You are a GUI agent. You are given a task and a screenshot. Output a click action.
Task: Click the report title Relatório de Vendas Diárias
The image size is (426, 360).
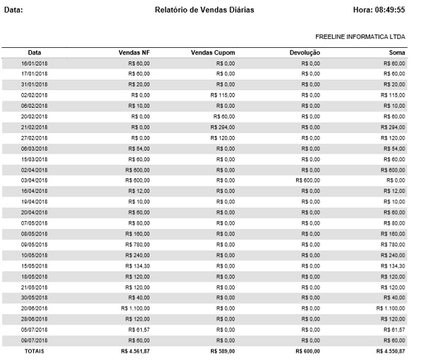click(x=204, y=10)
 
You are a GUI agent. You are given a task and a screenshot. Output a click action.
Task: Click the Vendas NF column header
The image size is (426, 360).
click(x=135, y=53)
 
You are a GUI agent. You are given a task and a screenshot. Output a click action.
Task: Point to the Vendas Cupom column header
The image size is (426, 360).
click(x=213, y=53)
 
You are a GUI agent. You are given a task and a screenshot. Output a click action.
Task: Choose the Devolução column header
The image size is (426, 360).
click(x=305, y=53)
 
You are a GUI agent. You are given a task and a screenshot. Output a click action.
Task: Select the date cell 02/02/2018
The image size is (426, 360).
click(x=34, y=94)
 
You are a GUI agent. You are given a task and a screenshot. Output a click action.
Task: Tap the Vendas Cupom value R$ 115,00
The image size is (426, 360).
click(x=221, y=94)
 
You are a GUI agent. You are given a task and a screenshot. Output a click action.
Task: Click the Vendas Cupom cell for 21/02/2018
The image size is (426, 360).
click(x=221, y=127)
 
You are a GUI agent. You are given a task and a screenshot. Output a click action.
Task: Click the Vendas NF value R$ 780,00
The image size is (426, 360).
click(x=138, y=244)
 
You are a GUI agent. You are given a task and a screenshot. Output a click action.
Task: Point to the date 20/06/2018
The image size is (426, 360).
click(x=34, y=308)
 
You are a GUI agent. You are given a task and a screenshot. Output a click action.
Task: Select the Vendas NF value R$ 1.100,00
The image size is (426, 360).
click(x=135, y=308)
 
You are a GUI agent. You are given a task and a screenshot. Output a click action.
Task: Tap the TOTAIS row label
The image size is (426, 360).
click(x=34, y=351)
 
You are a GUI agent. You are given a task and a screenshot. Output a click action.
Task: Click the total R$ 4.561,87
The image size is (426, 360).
click(x=135, y=351)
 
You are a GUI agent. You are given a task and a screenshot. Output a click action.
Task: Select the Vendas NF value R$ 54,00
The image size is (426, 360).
click(x=139, y=149)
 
